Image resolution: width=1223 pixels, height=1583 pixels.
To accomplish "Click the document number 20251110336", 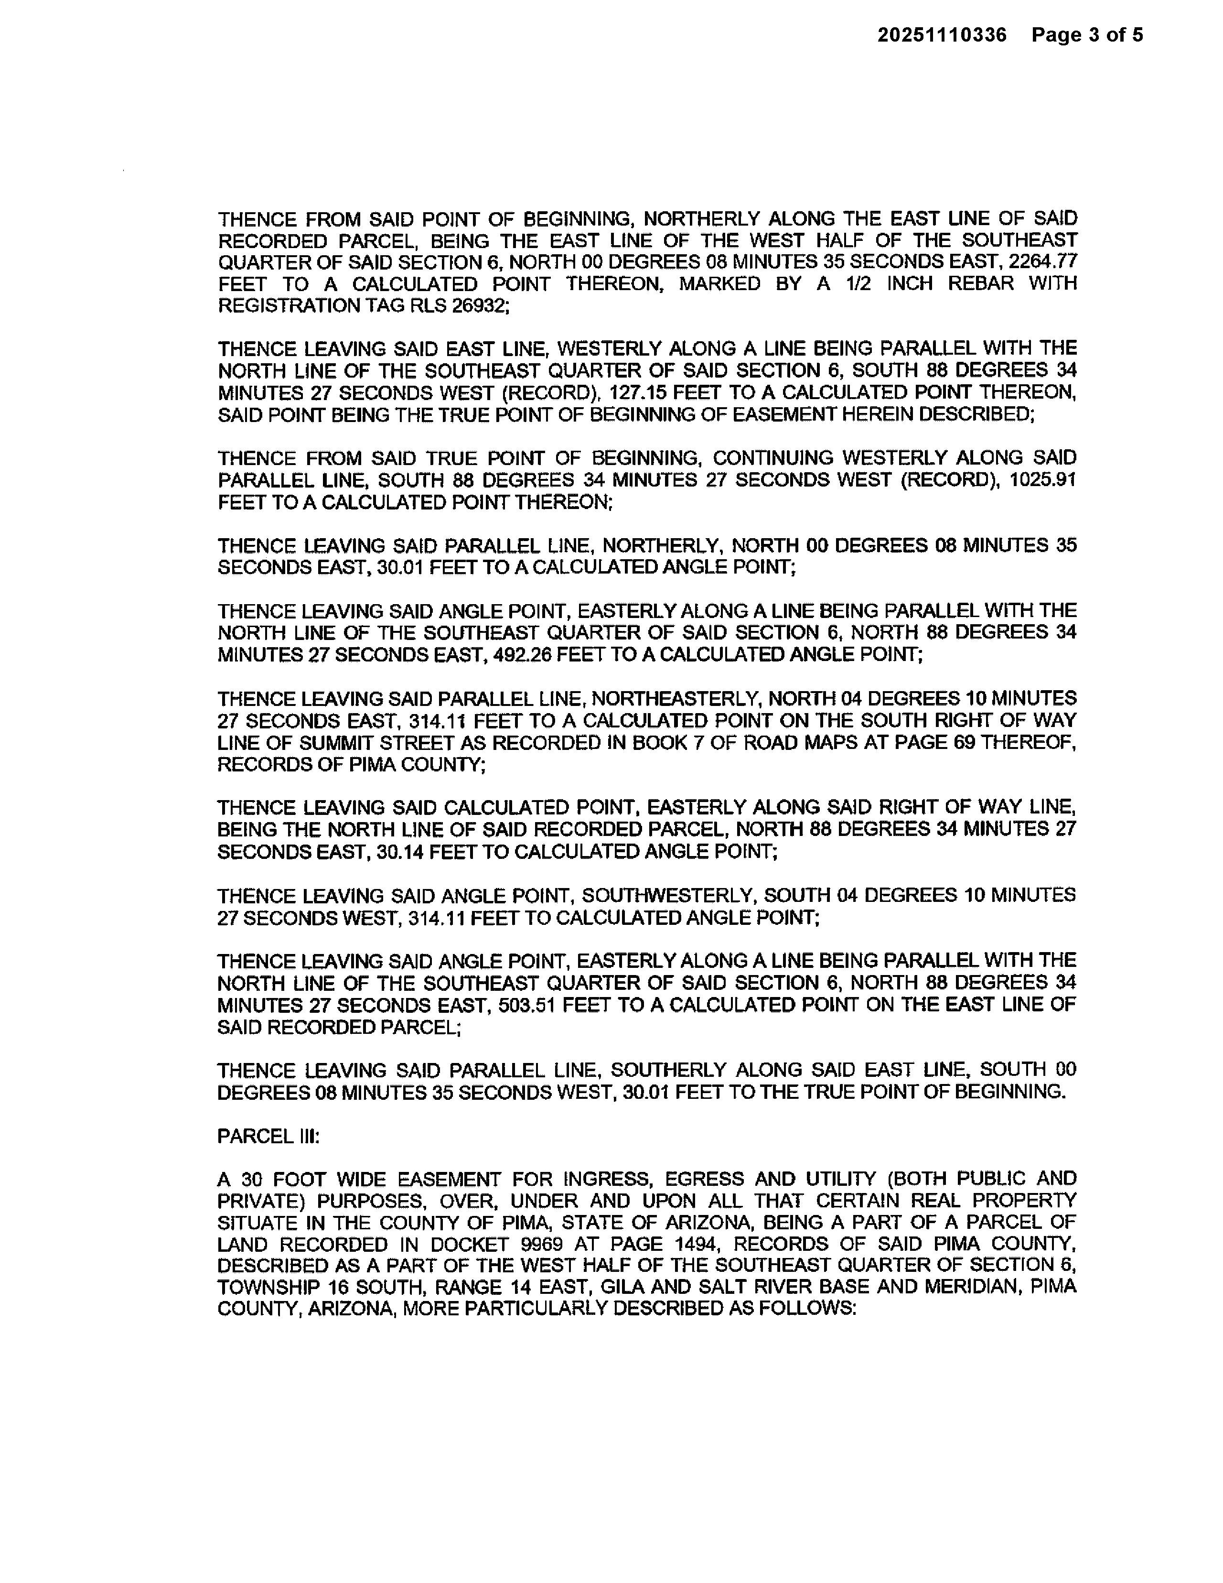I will point(942,35).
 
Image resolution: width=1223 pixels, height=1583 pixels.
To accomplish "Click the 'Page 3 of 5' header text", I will point(1087,35).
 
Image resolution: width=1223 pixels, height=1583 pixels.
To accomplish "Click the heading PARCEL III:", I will point(268,1137).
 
